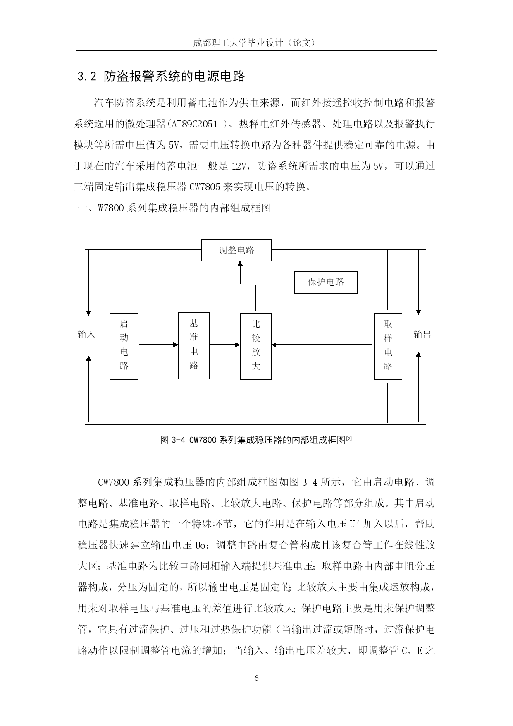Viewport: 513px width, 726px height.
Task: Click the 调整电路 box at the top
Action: [x=236, y=250]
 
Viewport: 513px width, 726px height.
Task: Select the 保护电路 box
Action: [x=326, y=282]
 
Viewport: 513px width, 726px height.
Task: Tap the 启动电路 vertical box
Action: [x=124, y=346]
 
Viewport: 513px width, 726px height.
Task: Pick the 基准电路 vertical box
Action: [x=193, y=345]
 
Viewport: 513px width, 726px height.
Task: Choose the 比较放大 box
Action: [x=255, y=346]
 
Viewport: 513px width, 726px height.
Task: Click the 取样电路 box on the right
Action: [x=388, y=346]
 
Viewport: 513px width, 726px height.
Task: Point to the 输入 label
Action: [x=86, y=334]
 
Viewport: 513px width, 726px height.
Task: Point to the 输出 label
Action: [x=422, y=335]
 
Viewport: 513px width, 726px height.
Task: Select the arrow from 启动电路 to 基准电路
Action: [x=158, y=345]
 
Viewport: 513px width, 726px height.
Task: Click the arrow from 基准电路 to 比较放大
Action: [x=225, y=345]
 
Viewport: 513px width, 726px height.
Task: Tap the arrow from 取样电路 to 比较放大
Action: [x=322, y=345]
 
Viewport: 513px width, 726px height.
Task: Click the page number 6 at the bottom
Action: [x=256, y=678]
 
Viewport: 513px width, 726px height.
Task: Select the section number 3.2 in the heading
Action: [x=87, y=77]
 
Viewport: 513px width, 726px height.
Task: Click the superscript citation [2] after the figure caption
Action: [x=349, y=438]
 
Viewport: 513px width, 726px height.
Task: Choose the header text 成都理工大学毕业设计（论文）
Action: [x=256, y=43]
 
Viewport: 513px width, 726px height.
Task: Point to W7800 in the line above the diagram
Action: [x=110, y=208]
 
